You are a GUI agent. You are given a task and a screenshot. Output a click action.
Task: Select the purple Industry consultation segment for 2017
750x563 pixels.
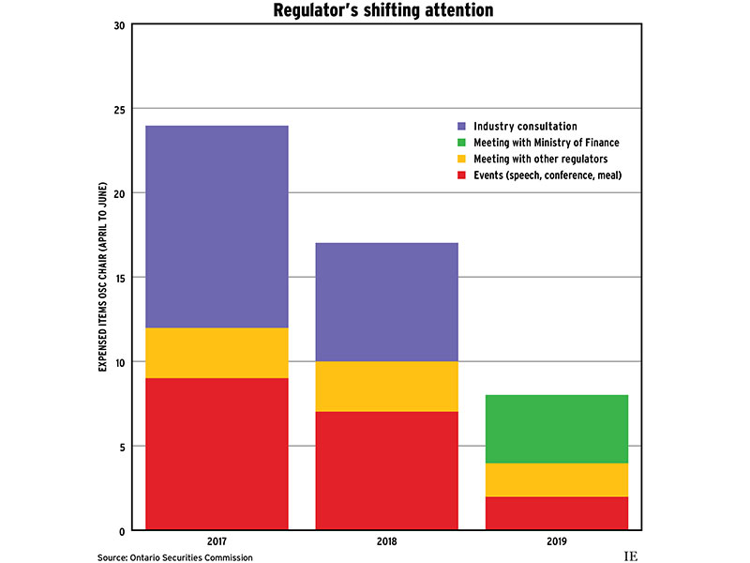217,226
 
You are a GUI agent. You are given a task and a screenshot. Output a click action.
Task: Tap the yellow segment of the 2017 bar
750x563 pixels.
217,353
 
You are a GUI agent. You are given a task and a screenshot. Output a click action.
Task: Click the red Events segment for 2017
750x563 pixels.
217,454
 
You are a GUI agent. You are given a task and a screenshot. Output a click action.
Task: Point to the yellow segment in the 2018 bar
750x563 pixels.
386,387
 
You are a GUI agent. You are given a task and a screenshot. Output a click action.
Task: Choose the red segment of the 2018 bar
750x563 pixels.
386,471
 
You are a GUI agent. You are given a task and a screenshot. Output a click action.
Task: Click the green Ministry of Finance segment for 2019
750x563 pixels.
557,429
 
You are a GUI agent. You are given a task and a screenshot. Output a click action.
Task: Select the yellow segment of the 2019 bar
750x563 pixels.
557,479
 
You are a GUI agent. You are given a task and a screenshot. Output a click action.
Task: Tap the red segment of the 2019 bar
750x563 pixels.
557,513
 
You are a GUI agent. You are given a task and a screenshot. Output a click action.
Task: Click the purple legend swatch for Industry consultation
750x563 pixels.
460,126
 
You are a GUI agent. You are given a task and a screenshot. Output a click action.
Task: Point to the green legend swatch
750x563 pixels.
460,142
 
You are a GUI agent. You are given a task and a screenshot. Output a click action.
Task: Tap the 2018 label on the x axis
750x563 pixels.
386,541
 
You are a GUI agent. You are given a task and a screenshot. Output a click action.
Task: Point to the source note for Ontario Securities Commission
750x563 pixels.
174,557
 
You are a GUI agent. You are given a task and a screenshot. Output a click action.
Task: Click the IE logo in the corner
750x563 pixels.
630,556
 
